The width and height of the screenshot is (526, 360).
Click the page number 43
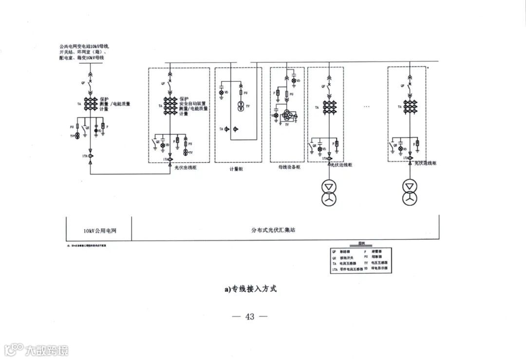tap(250, 317)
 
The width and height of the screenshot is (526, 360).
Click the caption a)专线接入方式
tap(250, 289)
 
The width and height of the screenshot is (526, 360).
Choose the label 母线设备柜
tap(289, 167)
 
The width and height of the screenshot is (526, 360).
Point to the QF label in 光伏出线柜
tap(163, 84)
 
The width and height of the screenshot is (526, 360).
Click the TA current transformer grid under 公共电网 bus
tap(90, 104)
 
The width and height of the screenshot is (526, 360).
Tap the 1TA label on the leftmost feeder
tap(84, 156)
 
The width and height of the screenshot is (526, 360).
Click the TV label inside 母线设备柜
tap(287, 125)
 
